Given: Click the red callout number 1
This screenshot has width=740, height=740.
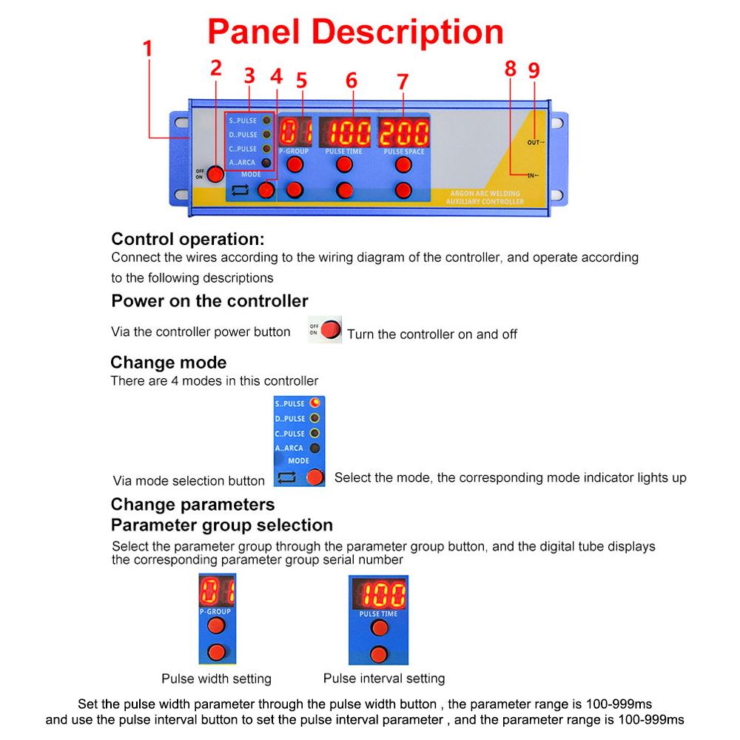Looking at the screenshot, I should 147,50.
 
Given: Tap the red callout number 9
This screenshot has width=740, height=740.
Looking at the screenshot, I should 534,70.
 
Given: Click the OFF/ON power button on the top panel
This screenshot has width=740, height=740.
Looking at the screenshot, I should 215,174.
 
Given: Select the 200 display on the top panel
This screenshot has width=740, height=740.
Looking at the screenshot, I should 403,133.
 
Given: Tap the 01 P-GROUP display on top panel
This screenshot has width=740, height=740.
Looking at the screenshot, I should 295,132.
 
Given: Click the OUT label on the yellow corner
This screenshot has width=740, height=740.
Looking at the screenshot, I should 535,141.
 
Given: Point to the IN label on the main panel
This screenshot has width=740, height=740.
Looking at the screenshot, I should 532,175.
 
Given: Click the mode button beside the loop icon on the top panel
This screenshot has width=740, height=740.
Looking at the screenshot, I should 266,190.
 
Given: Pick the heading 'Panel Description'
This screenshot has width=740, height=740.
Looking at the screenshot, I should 355,33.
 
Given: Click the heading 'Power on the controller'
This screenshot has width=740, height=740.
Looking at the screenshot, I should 209,301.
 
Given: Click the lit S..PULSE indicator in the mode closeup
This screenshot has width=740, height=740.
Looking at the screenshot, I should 314,403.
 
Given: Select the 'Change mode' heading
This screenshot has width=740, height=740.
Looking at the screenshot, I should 168,363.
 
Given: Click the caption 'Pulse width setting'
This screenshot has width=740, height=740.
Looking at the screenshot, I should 216,679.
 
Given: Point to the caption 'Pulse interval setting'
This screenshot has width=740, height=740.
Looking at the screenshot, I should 384,678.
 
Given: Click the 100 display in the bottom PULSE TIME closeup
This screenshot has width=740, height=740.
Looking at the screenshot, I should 379,594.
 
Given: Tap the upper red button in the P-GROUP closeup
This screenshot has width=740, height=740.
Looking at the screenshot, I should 216,626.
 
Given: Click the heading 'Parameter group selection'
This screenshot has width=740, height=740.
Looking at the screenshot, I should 221,525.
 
